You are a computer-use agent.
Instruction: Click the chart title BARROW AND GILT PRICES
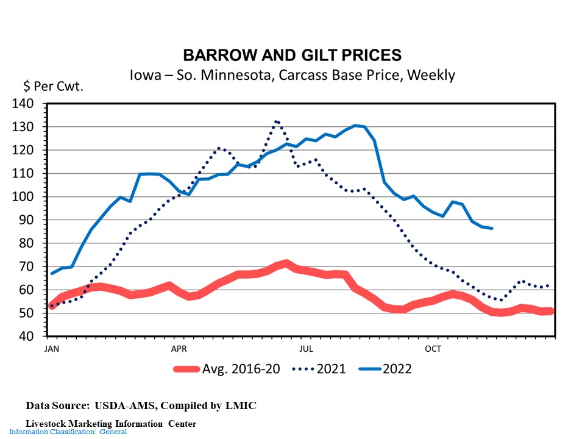coord(292,55)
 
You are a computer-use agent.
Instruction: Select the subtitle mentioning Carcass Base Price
coord(292,76)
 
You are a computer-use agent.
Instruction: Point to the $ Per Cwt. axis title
coord(53,86)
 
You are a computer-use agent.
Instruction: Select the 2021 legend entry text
coord(331,369)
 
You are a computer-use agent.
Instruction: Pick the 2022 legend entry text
coord(397,369)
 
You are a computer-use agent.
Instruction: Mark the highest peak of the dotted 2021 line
coord(277,121)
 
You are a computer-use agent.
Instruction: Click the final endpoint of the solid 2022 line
coord(492,228)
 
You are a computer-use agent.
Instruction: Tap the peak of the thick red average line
coord(286,263)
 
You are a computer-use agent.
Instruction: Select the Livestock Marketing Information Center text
coord(111,423)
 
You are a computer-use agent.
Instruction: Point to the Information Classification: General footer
coord(68,432)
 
